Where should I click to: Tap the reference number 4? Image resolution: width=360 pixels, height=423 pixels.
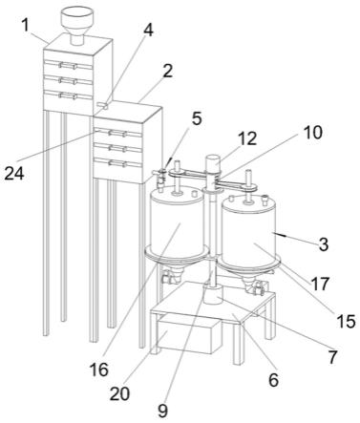click(148, 31)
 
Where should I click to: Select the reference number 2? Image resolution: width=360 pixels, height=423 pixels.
click(167, 71)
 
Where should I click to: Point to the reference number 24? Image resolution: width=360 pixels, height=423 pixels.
click(14, 174)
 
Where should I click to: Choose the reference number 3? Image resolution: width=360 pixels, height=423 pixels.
click(324, 244)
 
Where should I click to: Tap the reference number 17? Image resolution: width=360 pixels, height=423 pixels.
click(320, 285)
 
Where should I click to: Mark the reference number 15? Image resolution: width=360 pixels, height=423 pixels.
click(346, 322)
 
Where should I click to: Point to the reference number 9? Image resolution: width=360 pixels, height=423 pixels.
click(162, 412)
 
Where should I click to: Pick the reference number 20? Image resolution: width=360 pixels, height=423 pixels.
click(119, 394)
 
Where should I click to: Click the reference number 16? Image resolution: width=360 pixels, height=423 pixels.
click(99, 370)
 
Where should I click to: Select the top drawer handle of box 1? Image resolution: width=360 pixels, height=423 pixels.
click(68, 66)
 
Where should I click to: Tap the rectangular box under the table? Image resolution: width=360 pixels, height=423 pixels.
click(189, 335)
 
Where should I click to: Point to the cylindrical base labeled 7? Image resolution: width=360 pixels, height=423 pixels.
click(212, 295)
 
